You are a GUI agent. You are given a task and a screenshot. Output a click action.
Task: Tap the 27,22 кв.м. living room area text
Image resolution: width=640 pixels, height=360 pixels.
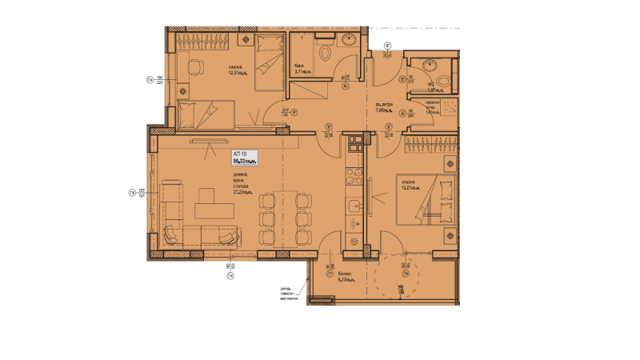pos(245,193)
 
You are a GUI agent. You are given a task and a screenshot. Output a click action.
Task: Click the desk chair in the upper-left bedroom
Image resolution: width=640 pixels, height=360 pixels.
pos(194,68)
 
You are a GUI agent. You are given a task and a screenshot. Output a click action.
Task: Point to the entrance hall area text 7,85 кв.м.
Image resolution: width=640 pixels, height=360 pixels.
pos(384,109)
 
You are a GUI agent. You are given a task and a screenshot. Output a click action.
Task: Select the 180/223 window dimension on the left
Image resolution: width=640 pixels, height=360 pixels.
pos(160,79)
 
